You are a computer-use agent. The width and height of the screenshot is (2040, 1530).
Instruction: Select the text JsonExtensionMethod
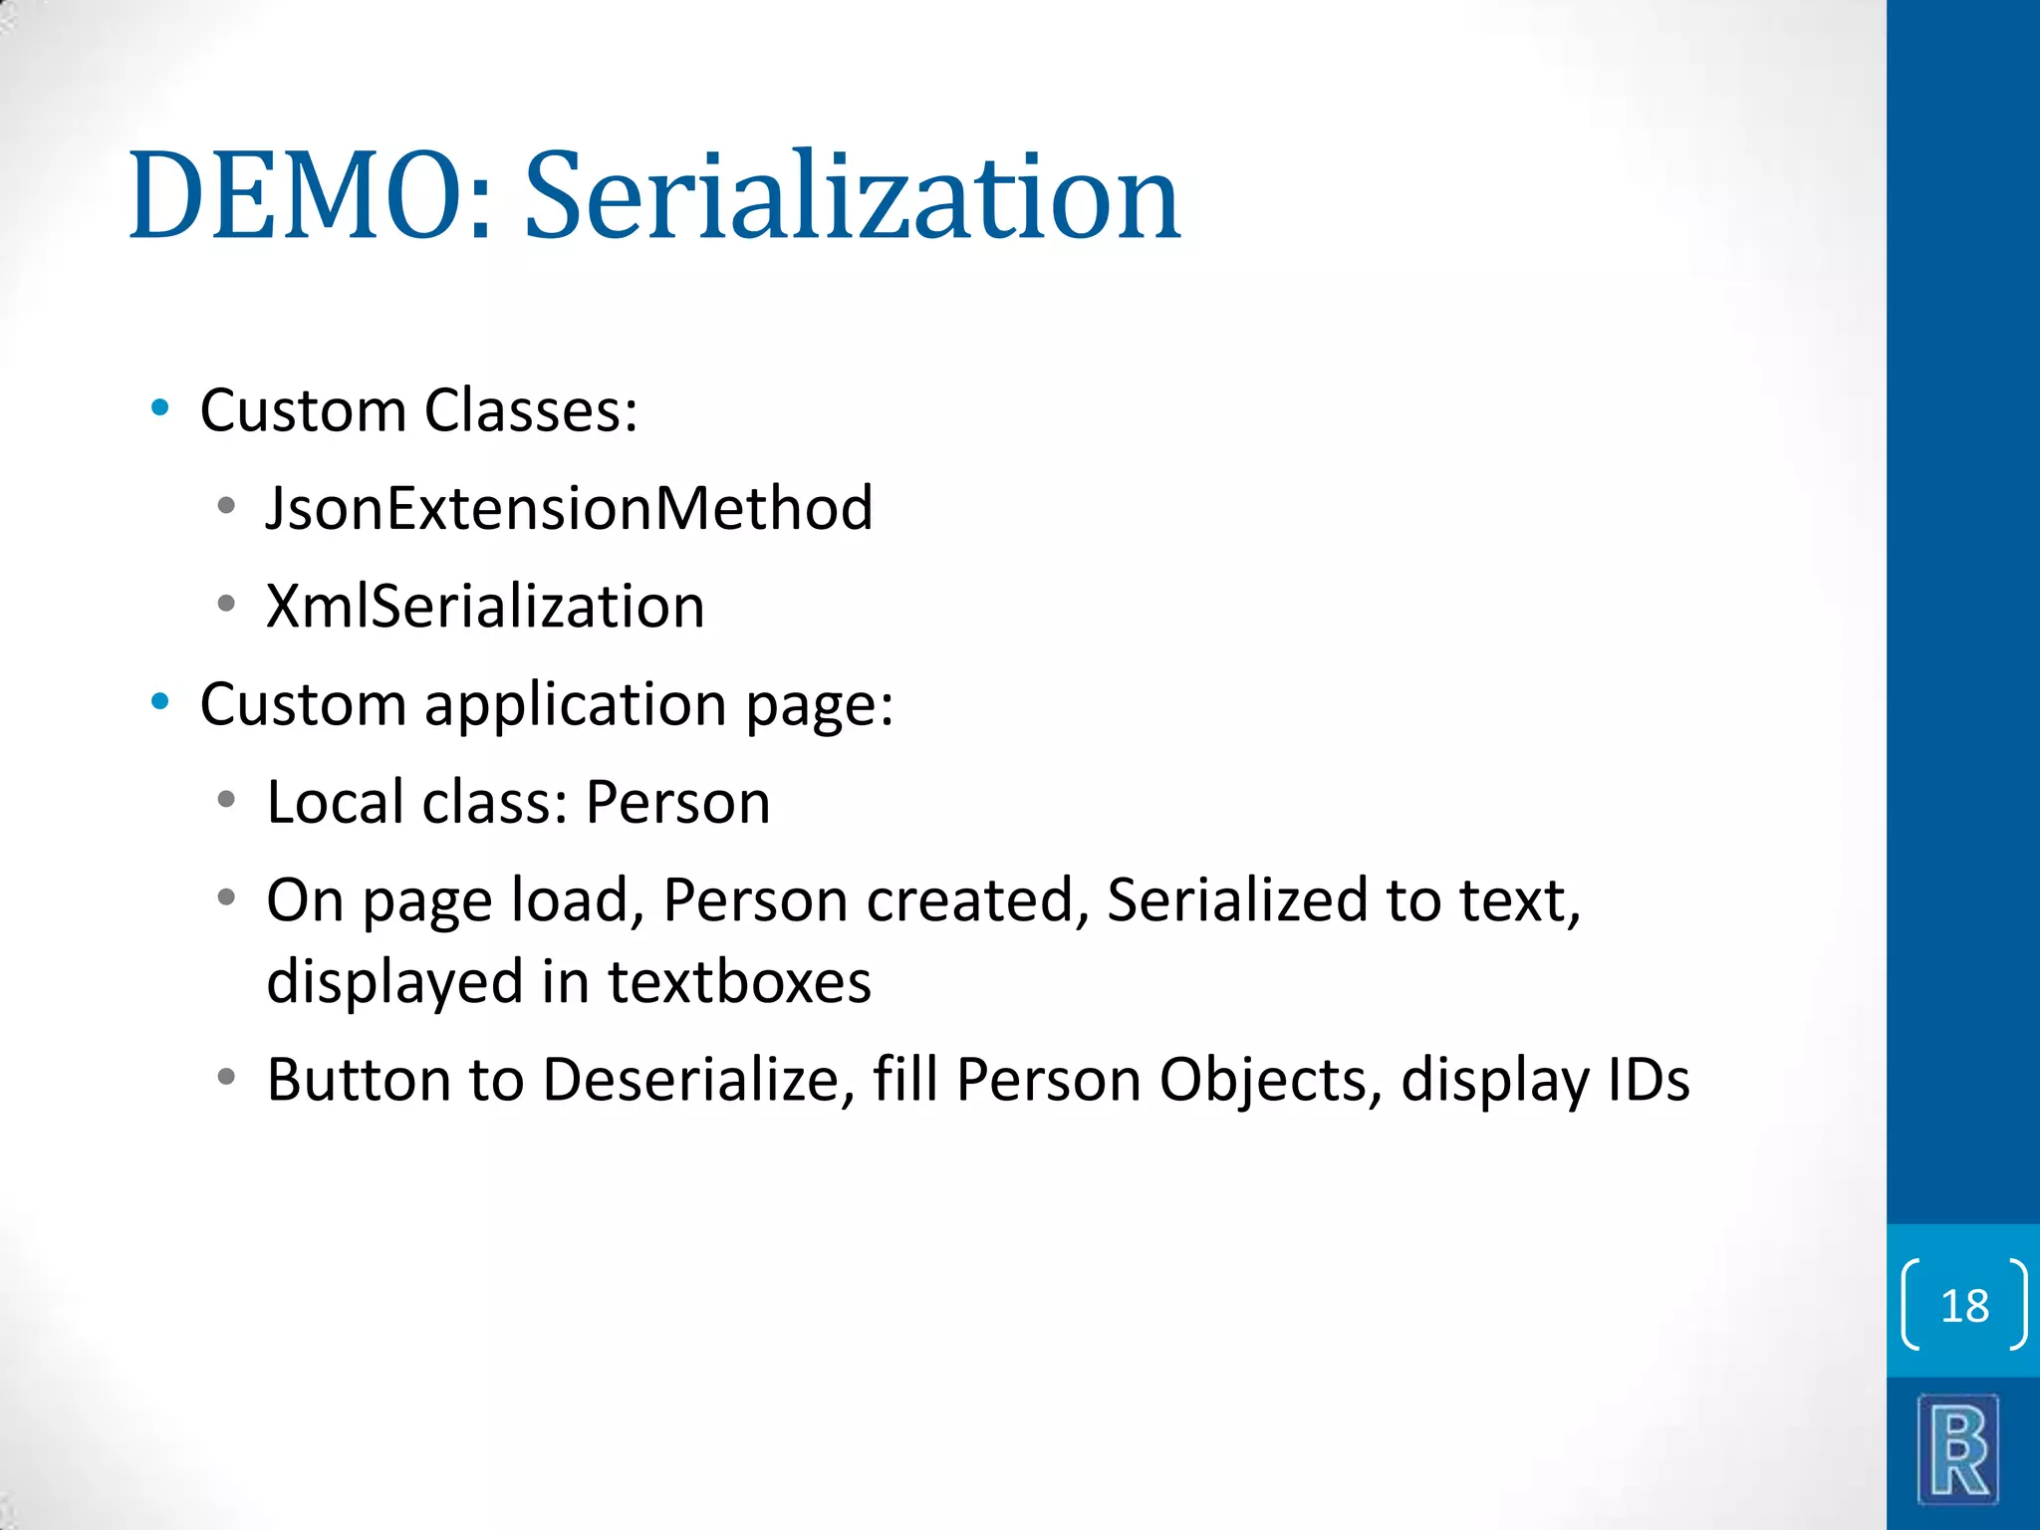point(569,508)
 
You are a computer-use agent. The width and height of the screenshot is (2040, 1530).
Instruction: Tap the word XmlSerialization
point(485,606)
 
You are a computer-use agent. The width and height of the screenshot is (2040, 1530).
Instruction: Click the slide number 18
point(1964,1306)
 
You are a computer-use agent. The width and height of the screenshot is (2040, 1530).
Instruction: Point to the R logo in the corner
point(1958,1449)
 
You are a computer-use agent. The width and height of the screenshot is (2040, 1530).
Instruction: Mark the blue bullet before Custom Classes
point(159,408)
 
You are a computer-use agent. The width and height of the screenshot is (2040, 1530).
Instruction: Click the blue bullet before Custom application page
point(159,702)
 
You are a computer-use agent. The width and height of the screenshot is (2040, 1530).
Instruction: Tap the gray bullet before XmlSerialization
point(227,604)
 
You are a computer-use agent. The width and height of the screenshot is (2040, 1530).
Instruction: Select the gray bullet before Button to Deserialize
point(227,1077)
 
